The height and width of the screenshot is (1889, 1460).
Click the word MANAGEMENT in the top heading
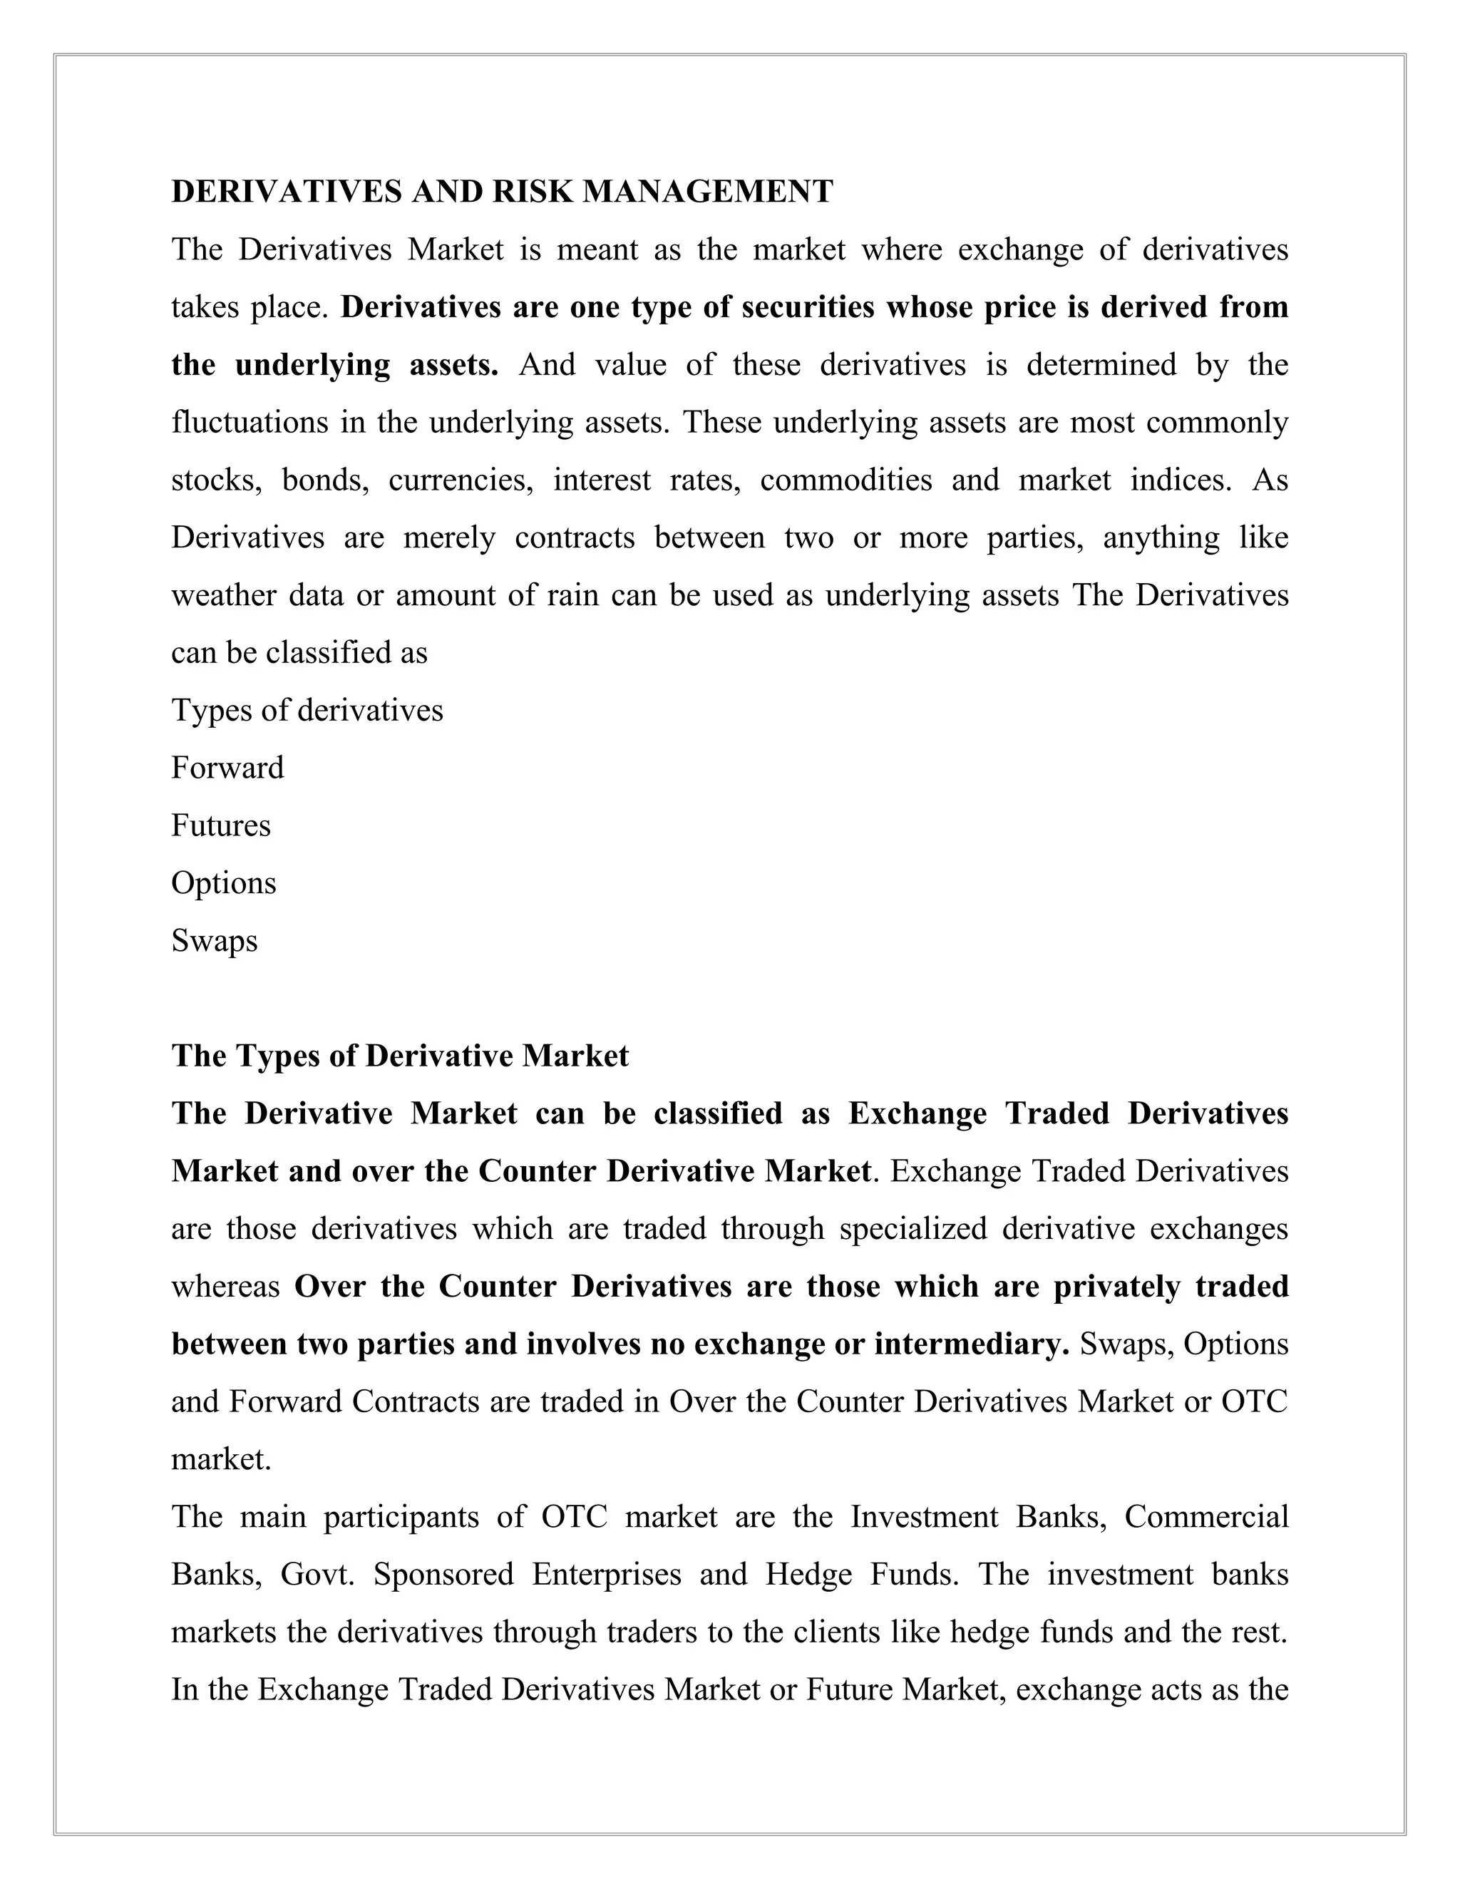point(707,192)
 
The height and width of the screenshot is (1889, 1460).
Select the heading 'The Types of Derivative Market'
point(400,1056)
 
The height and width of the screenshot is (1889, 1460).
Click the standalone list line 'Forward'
point(227,768)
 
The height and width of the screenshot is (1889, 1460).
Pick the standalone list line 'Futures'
point(220,826)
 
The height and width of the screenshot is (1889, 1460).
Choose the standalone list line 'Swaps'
point(215,941)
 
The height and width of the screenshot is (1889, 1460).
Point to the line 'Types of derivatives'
point(307,711)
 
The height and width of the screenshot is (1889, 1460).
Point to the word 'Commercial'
point(1205,1517)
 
